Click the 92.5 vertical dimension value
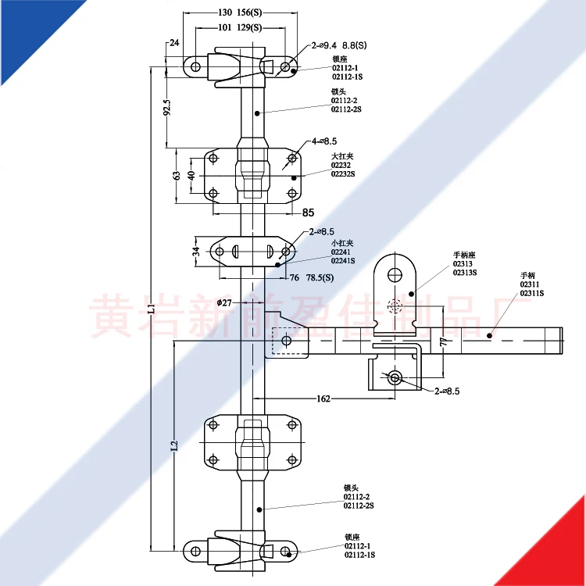166,106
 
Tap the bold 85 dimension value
308,212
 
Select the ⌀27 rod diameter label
223,302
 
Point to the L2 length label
175,446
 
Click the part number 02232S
343,173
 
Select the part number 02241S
343,260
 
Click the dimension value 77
442,341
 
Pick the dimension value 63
177,176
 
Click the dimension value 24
173,43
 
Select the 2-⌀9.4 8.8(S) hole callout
338,46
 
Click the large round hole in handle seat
395,273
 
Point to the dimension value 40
192,176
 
